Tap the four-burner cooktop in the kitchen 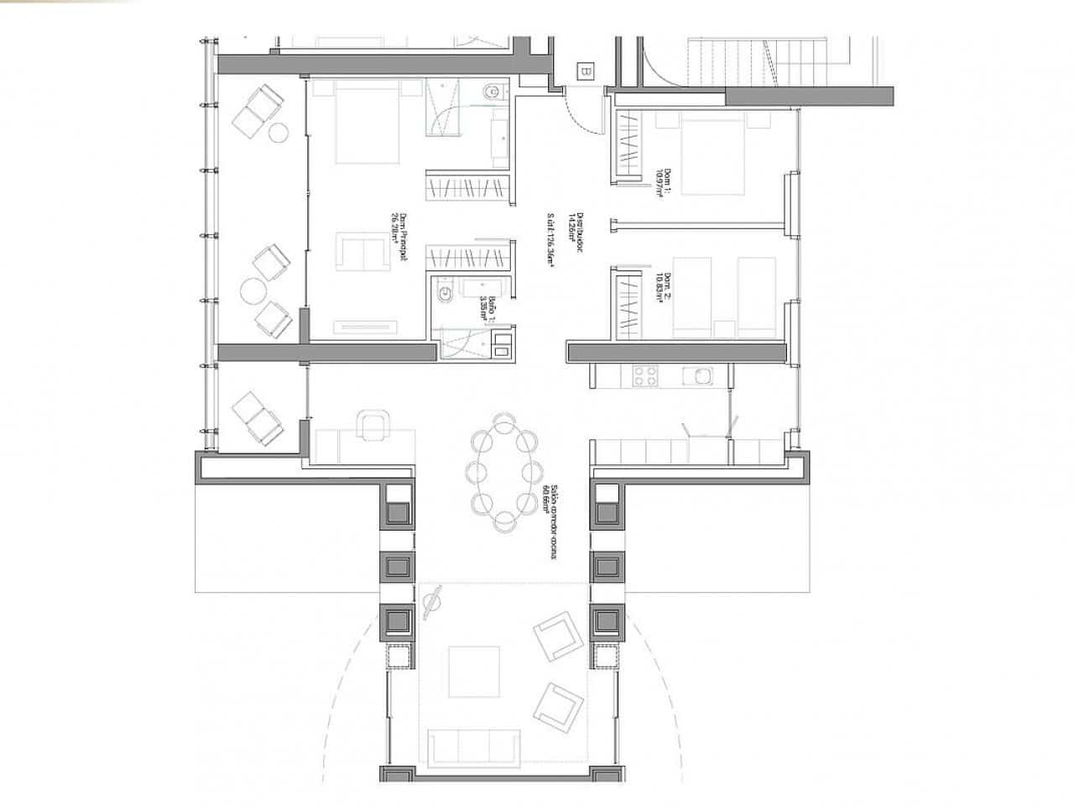click(644, 376)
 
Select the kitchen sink click(696, 376)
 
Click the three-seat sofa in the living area click(473, 745)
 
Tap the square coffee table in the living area click(475, 671)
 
